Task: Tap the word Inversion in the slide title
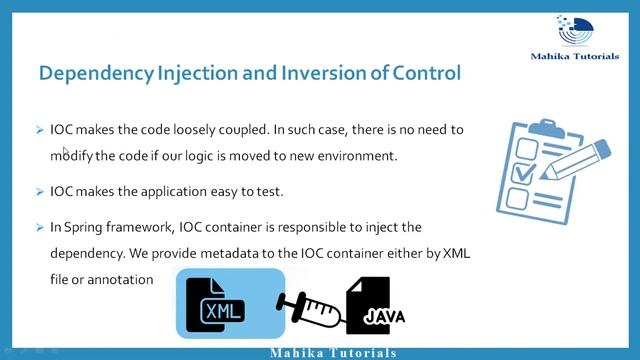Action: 332,73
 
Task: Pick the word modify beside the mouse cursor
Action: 74,156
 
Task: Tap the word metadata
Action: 215,253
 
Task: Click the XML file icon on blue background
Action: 223,304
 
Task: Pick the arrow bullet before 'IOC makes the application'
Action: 39,190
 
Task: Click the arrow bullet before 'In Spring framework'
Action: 39,227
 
